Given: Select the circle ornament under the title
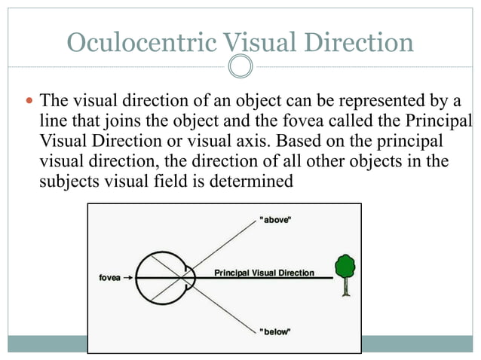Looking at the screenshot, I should tap(240, 67).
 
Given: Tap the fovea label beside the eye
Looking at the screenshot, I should tap(110, 277).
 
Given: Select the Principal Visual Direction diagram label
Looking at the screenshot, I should tap(265, 272).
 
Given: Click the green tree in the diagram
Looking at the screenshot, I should tap(345, 266).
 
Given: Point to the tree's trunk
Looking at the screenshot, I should tap(345, 287).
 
